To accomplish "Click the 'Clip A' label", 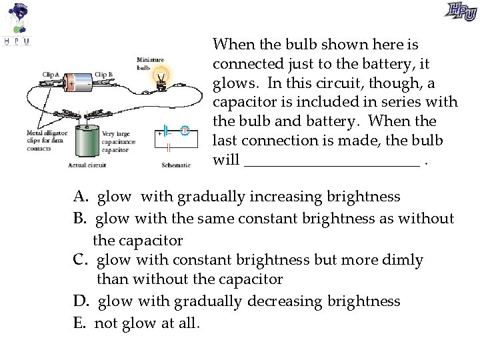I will pos(51,75).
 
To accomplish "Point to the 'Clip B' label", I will pos(103,75).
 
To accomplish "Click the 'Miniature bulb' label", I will pos(151,63).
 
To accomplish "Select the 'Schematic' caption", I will pos(176,165).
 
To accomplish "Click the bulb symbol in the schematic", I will pos(186,131).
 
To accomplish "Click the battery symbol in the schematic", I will pos(163,131).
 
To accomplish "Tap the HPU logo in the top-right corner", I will pos(460,11).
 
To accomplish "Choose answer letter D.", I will pos(81,301).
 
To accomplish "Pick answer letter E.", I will pos(80,323).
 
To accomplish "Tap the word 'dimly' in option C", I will pos(403,259).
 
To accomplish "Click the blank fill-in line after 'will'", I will pos(332,161).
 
